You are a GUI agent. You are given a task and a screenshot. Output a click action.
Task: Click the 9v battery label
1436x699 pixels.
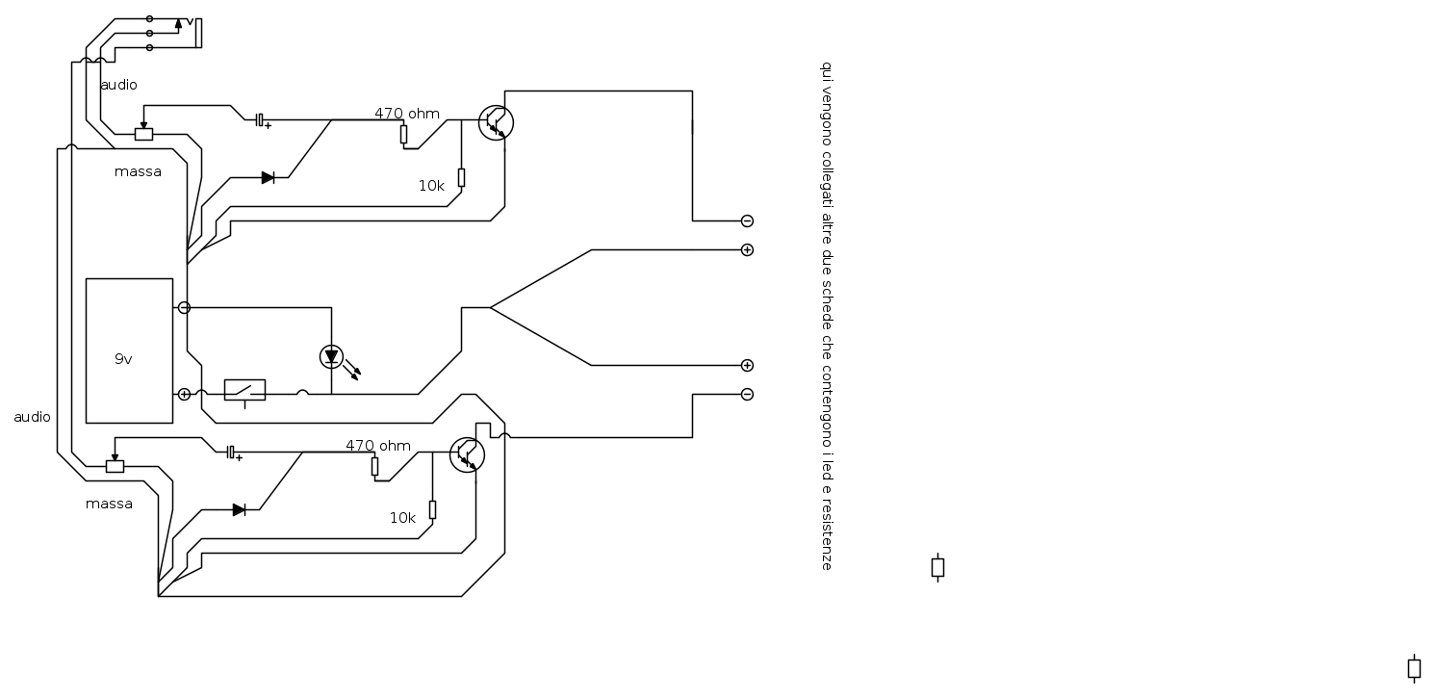tap(123, 359)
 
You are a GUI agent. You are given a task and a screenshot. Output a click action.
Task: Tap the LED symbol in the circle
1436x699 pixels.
tap(331, 356)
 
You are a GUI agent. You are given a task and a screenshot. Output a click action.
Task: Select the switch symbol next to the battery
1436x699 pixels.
tap(244, 391)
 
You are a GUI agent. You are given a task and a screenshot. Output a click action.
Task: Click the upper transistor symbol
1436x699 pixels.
tap(497, 122)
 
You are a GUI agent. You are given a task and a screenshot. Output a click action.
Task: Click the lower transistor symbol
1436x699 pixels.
tap(468, 454)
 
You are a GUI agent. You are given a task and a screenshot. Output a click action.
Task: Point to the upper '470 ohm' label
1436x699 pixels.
tap(407, 114)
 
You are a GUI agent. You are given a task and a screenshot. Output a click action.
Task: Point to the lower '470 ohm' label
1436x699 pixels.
tap(378, 446)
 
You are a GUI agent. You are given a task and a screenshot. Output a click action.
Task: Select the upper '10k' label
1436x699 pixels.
tap(431, 186)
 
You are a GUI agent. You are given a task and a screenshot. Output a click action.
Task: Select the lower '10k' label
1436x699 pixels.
tap(402, 518)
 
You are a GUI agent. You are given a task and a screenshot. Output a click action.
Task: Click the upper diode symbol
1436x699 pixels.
tap(268, 177)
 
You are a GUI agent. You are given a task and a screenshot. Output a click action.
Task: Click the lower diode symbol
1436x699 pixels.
tap(239, 510)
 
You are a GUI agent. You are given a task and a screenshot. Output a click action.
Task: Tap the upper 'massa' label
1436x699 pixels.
tap(138, 172)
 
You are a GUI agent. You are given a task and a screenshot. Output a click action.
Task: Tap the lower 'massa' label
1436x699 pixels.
tap(109, 505)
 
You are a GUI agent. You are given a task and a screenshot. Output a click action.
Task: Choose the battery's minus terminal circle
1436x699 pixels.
tap(184, 308)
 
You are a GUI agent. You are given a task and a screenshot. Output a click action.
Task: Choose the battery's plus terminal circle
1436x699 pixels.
tap(184, 395)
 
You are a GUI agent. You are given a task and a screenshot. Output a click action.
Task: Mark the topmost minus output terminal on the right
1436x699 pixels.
tap(747, 221)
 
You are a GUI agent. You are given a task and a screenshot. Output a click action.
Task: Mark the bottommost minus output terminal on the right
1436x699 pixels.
tap(747, 395)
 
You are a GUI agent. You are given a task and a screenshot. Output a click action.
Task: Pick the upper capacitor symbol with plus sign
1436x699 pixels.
tap(262, 120)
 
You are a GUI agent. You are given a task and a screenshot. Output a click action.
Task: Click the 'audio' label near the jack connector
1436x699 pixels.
tap(118, 85)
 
